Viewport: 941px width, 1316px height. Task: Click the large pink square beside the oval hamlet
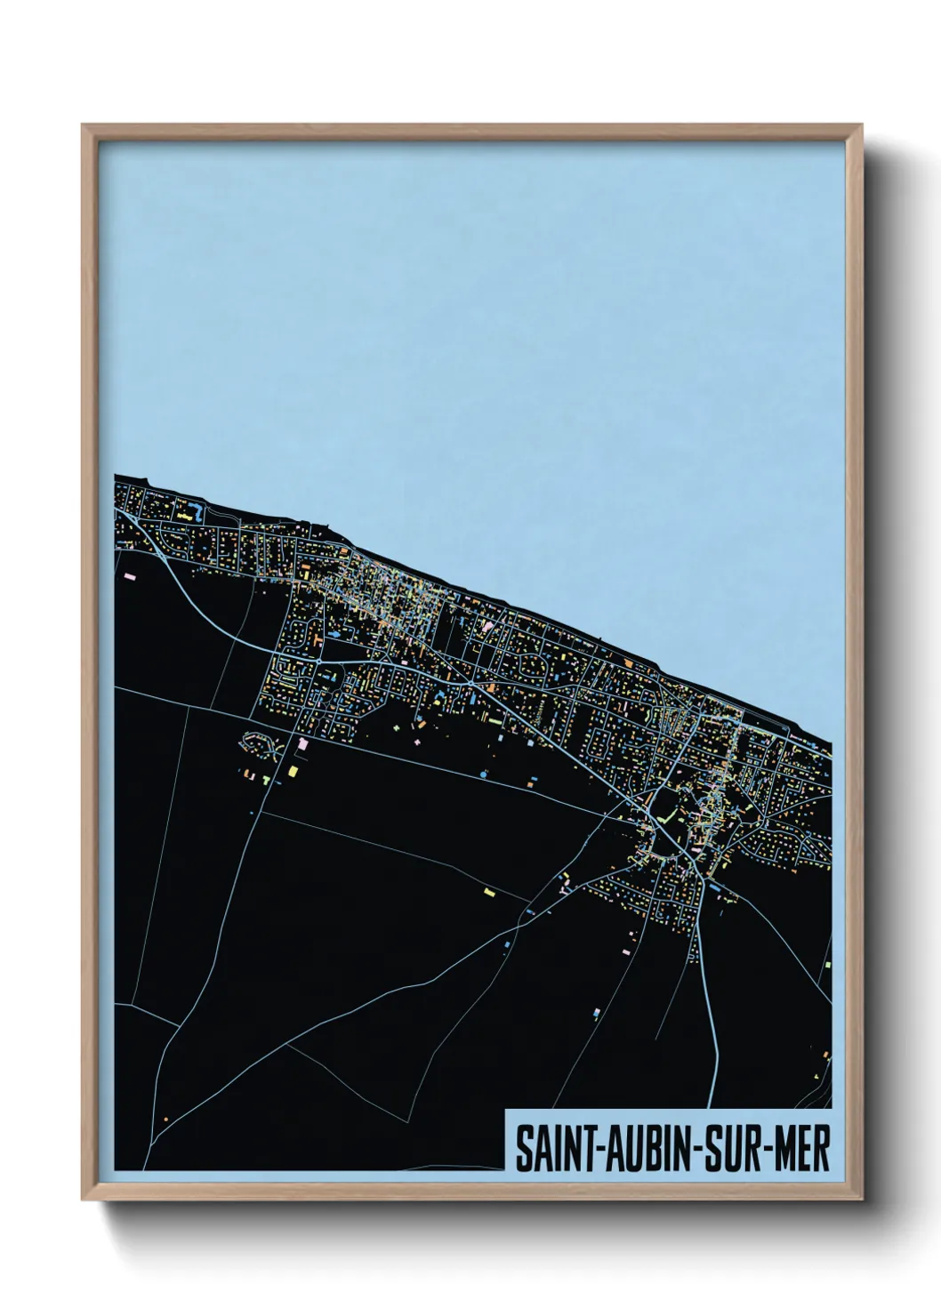point(302,743)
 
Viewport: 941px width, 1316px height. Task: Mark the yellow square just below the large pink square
point(293,771)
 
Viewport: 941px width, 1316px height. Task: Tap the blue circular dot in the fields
point(483,775)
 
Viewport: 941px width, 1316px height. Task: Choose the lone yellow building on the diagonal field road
point(488,891)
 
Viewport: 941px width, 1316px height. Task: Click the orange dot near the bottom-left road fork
point(165,1118)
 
